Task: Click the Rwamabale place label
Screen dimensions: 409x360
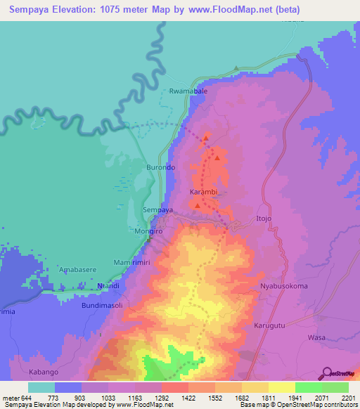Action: (x=187, y=91)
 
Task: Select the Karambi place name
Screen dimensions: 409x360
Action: (x=205, y=191)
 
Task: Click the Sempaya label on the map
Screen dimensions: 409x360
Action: (x=157, y=210)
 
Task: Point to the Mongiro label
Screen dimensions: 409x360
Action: (x=148, y=231)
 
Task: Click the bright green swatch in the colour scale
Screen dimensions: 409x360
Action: (x=308, y=387)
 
